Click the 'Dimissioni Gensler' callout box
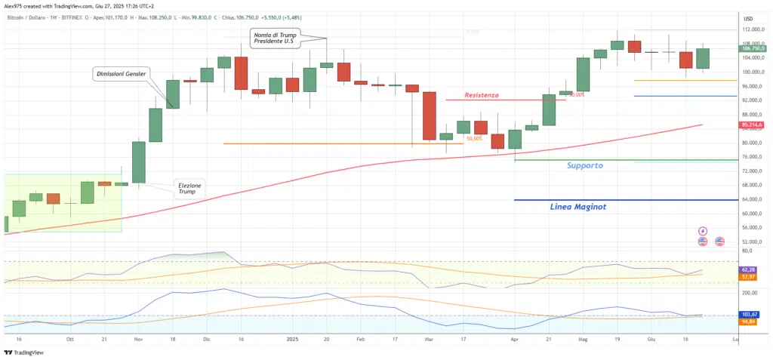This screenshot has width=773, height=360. pyautogui.click(x=121, y=74)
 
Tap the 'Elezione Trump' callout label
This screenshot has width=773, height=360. pyautogui.click(x=190, y=188)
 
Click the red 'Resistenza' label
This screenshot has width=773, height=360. pyautogui.click(x=482, y=95)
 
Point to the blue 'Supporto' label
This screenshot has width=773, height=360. pyautogui.click(x=585, y=165)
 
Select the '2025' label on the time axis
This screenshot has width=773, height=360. pyautogui.click(x=294, y=340)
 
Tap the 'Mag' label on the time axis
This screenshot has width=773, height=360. pyautogui.click(x=582, y=340)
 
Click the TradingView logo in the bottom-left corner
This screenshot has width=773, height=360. pyautogui.click(x=24, y=352)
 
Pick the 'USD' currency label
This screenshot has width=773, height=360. pyautogui.click(x=748, y=19)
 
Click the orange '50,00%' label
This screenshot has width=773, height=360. pyautogui.click(x=475, y=139)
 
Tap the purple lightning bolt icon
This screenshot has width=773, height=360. pyautogui.click(x=703, y=231)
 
